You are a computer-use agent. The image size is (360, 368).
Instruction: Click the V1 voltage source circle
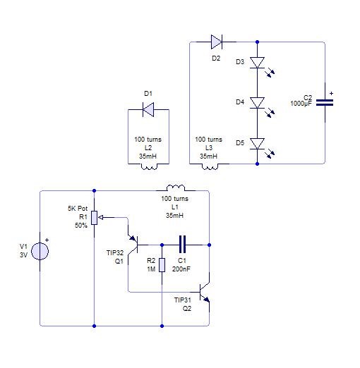pos(40,251)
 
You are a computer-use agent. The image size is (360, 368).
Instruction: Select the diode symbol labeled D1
pos(148,109)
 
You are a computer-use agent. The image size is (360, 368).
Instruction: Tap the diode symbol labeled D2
pos(217,42)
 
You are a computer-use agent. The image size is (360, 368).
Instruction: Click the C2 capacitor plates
pos(325,102)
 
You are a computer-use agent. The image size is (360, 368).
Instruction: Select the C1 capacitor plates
pos(182,245)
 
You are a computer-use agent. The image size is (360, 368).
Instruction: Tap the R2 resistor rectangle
pos(162,265)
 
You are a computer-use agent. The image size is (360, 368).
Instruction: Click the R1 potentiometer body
pos(94,218)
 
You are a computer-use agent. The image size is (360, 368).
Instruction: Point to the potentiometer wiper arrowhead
pos(100,218)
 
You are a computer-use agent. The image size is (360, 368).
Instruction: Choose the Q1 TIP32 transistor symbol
pos(133,245)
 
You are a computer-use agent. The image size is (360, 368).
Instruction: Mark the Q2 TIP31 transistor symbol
pos(205,292)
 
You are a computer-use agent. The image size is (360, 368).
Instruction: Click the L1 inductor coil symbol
pos(176,188)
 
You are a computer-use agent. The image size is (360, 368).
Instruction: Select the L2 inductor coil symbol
pos(149,166)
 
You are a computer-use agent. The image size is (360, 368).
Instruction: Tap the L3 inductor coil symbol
pos(210,166)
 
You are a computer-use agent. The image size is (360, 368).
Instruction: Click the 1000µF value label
pos(301,104)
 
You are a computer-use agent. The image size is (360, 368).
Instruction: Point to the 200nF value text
pos(181,269)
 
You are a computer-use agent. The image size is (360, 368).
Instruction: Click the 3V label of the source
pos(24,255)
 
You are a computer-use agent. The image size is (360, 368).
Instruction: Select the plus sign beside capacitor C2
pos(331,93)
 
